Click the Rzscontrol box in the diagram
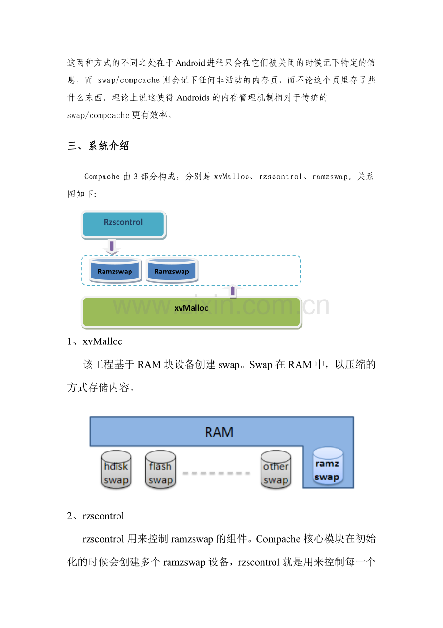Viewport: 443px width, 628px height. tap(123, 224)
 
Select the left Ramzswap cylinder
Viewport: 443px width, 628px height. tap(115, 271)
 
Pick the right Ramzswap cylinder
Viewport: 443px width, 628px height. tap(171, 271)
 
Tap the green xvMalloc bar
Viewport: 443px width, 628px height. tap(191, 312)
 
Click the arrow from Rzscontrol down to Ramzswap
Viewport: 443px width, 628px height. tap(112, 247)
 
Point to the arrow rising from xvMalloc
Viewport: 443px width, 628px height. tap(233, 291)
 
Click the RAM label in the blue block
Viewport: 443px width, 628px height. tap(219, 432)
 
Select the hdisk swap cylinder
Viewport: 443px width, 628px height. tap(116, 470)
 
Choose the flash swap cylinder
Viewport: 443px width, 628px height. tap(160, 470)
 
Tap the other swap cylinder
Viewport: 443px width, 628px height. tap(275, 470)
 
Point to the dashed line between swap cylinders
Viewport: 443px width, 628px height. tap(216, 473)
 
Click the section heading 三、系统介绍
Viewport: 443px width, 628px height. tap(98, 146)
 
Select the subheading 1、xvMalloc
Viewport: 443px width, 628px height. tap(95, 341)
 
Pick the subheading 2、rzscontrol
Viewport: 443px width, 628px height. tap(95, 516)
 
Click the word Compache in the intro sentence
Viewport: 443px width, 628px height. tap(102, 177)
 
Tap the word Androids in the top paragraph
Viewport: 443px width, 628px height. tap(193, 98)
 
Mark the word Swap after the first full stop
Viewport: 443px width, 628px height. tap(261, 365)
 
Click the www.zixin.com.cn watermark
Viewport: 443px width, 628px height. tap(221, 306)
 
